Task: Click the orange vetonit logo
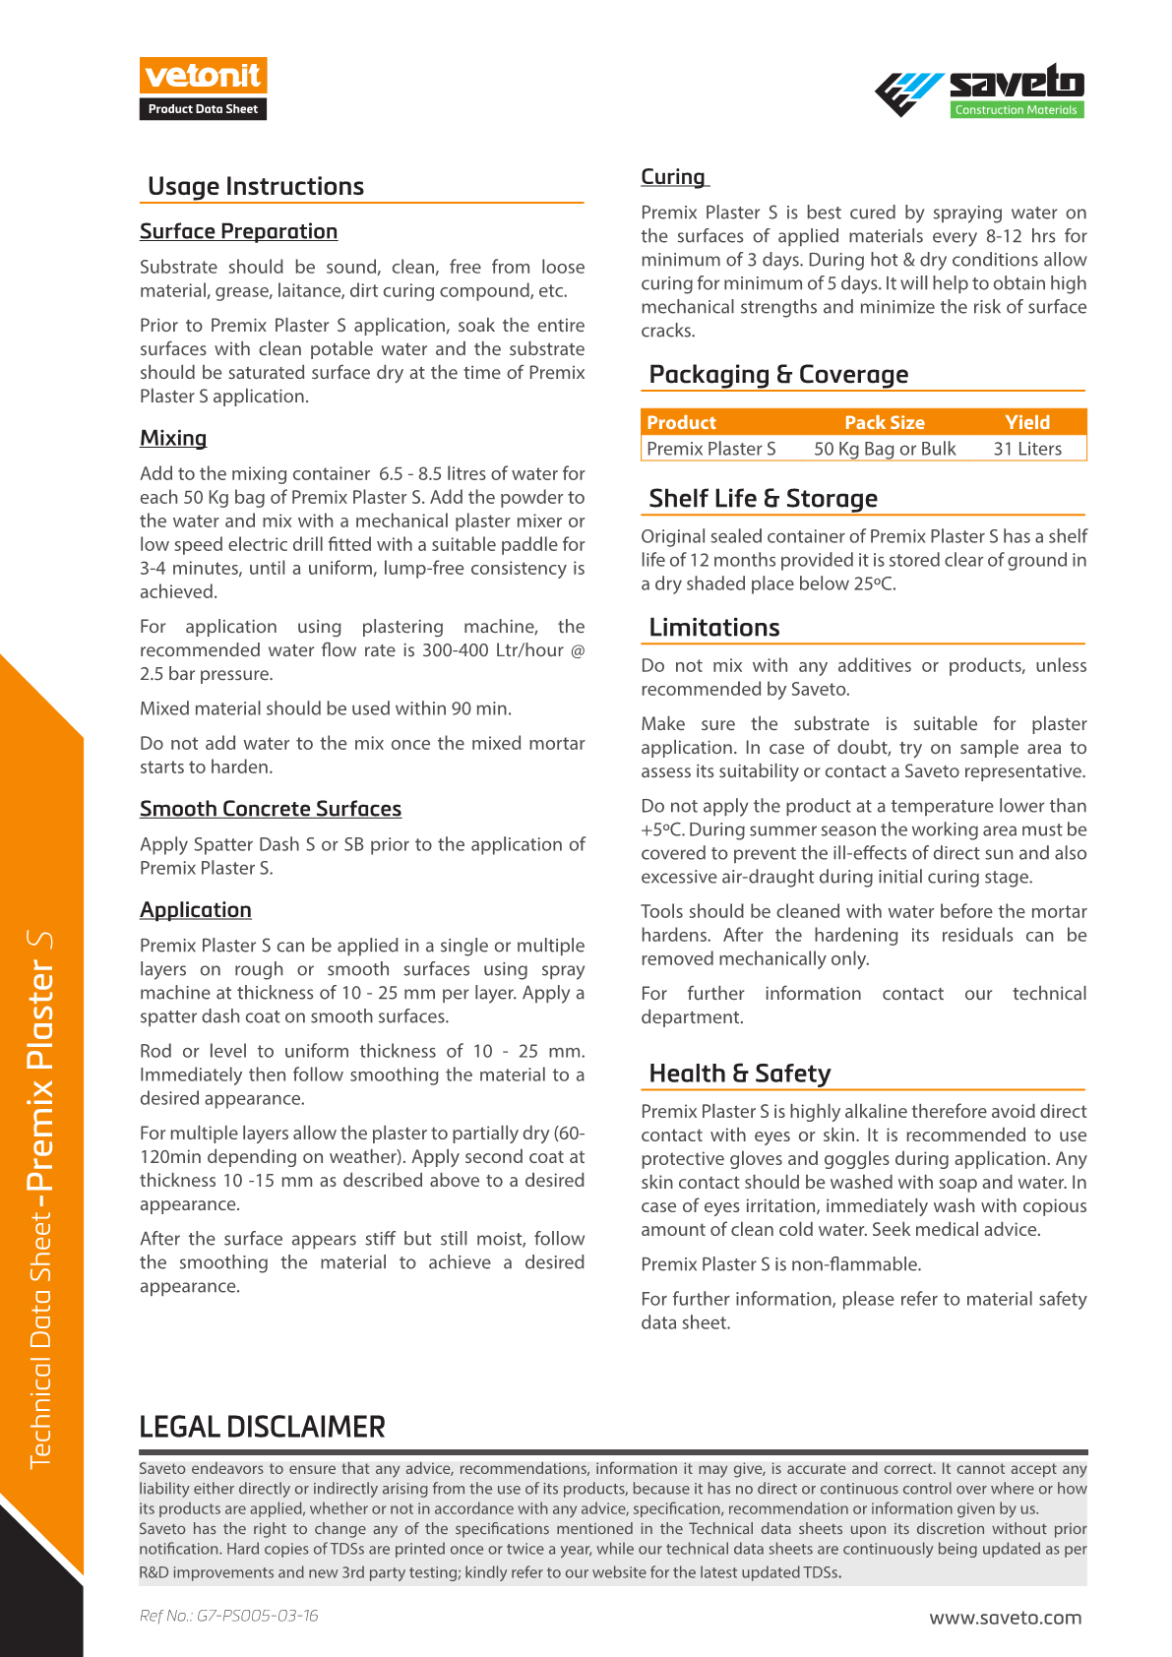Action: (203, 76)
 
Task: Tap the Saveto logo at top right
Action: (979, 91)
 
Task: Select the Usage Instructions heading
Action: (256, 186)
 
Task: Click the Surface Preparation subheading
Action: (238, 231)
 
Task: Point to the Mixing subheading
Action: (173, 438)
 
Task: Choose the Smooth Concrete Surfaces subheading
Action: (271, 809)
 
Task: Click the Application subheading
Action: (196, 910)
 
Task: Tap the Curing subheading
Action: (673, 177)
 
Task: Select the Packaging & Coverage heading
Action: (778, 375)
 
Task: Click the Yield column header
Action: (1027, 422)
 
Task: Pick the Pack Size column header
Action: (885, 422)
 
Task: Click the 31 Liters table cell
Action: (1027, 449)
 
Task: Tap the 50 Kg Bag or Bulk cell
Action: (885, 449)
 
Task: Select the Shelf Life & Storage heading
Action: (763, 499)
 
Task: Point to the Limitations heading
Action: (714, 628)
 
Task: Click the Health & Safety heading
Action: (740, 1074)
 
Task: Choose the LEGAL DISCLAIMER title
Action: (262, 1427)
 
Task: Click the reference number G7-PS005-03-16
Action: (229, 1616)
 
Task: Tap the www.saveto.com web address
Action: (1006, 1618)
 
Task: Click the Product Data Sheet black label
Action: (203, 109)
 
